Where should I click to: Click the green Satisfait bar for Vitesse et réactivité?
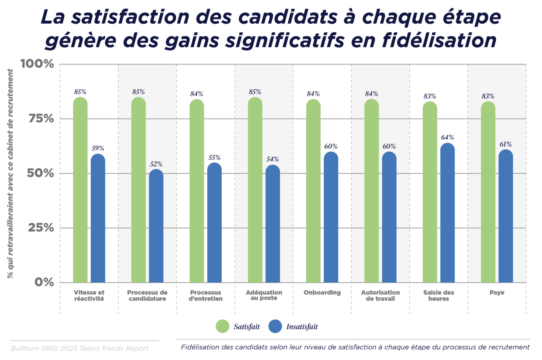coord(80,190)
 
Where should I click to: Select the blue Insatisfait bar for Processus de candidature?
coord(156,226)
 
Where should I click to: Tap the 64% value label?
coord(448,137)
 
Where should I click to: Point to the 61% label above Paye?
coord(505,144)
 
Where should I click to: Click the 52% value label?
coord(156,164)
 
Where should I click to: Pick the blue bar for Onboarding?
coord(331,217)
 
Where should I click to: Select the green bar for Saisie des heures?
coord(430,192)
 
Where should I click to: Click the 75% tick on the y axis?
coord(41,119)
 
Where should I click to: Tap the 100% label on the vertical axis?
coord(37,64)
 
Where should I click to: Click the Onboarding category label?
coord(322,293)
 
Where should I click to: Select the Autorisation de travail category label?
coord(380,296)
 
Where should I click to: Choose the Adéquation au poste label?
coord(264,295)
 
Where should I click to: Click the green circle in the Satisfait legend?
coord(222,326)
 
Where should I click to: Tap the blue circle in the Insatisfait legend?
coord(275,326)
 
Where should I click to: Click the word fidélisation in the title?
coord(439,41)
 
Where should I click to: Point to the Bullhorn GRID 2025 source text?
coord(80,348)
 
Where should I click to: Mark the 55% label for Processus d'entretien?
coord(214,158)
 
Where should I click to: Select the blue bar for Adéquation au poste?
coord(273,224)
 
